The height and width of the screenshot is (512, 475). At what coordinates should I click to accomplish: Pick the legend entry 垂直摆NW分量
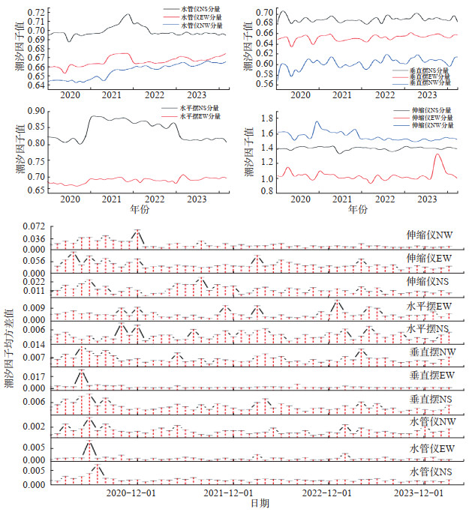[431, 83]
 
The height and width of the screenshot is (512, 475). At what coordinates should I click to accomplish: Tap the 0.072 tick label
[35, 226]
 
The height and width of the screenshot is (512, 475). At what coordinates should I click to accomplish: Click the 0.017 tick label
[35, 377]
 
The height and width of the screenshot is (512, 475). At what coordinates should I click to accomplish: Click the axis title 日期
[258, 505]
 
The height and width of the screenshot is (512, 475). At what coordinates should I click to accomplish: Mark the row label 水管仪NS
[431, 472]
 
